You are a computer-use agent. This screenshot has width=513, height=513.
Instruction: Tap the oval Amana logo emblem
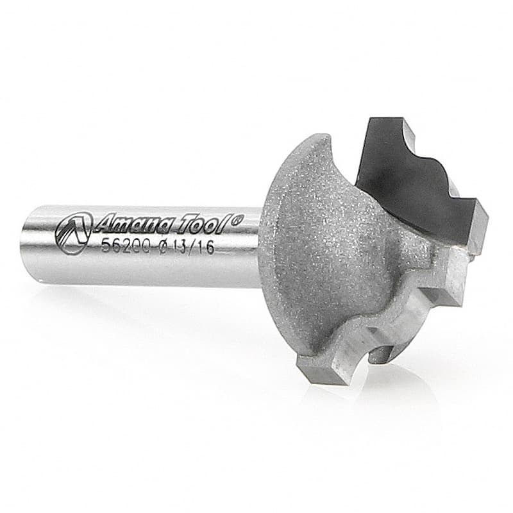click(73, 232)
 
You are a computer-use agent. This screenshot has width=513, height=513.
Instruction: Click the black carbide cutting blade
click(416, 183)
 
